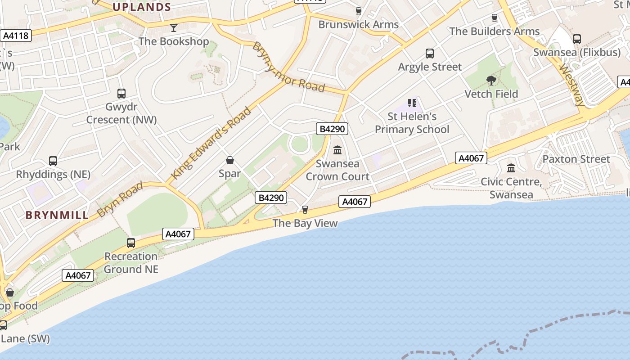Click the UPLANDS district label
tap(141, 7)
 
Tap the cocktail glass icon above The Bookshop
tap(174, 28)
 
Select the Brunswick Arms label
tap(358, 24)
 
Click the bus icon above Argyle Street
tap(430, 54)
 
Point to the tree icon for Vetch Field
tap(491, 81)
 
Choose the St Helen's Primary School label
tap(412, 123)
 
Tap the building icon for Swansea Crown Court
tap(337, 150)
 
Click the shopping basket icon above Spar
tap(230, 160)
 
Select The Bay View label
tap(305, 223)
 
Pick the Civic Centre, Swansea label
tap(511, 188)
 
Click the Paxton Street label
tap(576, 159)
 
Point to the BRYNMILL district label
tap(57, 215)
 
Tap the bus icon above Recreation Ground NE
tap(131, 243)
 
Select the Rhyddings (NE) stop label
tap(53, 174)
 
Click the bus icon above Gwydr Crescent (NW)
tap(121, 94)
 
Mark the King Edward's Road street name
tap(211, 143)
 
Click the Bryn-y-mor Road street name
tap(288, 67)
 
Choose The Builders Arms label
tap(494, 31)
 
